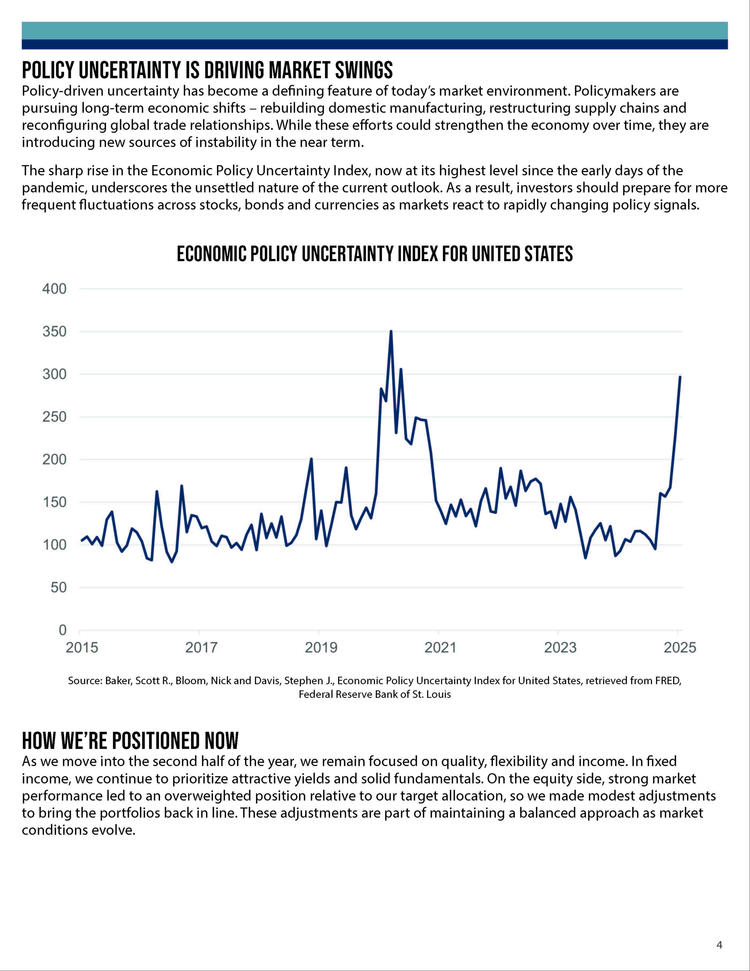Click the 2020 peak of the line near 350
click(391, 331)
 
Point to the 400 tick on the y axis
click(54, 289)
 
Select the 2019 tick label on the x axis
click(321, 647)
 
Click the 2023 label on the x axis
click(560, 647)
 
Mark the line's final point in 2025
click(680, 377)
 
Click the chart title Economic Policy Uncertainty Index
click(375, 254)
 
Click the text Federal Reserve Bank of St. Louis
click(375, 694)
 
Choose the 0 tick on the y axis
click(62, 630)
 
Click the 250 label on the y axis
click(54, 417)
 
